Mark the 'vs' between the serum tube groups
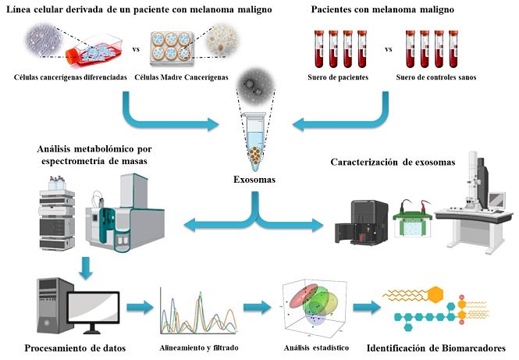(x=388, y=48)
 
